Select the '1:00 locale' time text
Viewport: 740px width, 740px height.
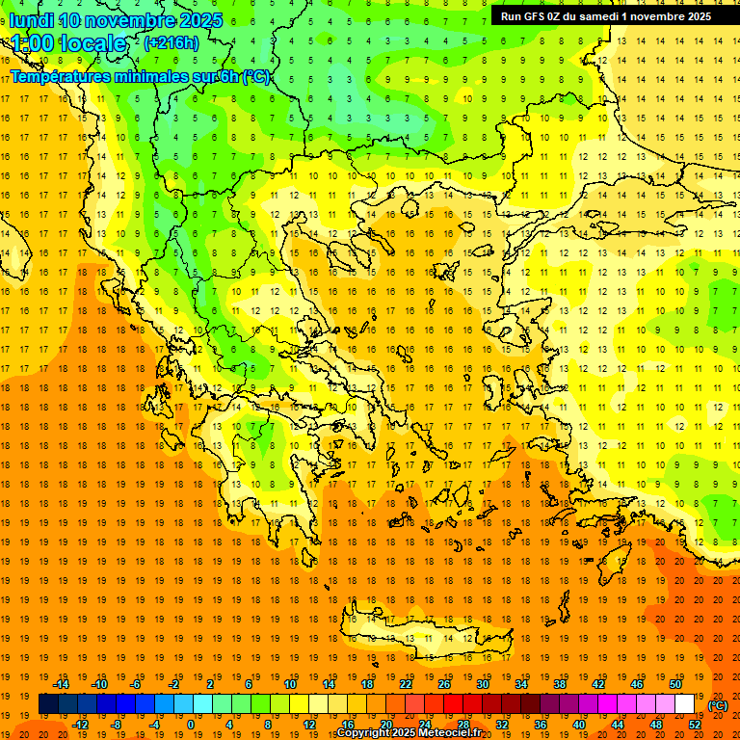[68, 43]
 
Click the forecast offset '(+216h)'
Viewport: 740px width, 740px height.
[172, 43]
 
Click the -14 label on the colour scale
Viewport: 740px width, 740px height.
[64, 684]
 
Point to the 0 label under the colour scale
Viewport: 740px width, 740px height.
[191, 725]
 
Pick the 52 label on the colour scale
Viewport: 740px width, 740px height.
[695, 725]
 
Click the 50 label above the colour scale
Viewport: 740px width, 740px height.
[675, 684]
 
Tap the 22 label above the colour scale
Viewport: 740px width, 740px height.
[406, 684]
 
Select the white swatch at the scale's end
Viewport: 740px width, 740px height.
[685, 704]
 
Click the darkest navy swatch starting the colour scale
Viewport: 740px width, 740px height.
[48, 704]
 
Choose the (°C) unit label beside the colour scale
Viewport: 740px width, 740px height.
[718, 704]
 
